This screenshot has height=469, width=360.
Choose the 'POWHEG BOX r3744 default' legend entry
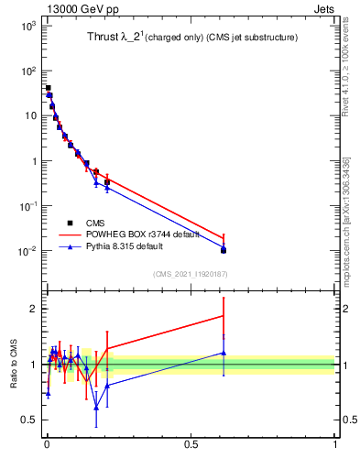point(136,234)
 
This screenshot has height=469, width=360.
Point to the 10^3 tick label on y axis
point(27,26)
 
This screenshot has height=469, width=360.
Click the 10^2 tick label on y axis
point(27,71)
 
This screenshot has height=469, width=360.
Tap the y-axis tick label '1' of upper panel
point(33,161)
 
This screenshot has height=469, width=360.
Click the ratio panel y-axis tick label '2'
point(33,309)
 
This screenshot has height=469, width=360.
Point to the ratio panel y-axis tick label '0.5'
point(29,420)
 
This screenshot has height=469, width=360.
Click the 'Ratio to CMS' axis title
point(14,363)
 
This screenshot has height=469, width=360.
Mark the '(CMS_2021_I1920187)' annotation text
point(190,274)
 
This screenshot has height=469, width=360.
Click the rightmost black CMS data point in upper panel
point(224,250)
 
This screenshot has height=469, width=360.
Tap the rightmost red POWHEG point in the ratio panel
point(224,315)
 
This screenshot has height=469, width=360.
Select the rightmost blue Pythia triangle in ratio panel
point(224,353)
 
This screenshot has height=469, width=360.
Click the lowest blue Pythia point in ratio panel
point(96,407)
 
